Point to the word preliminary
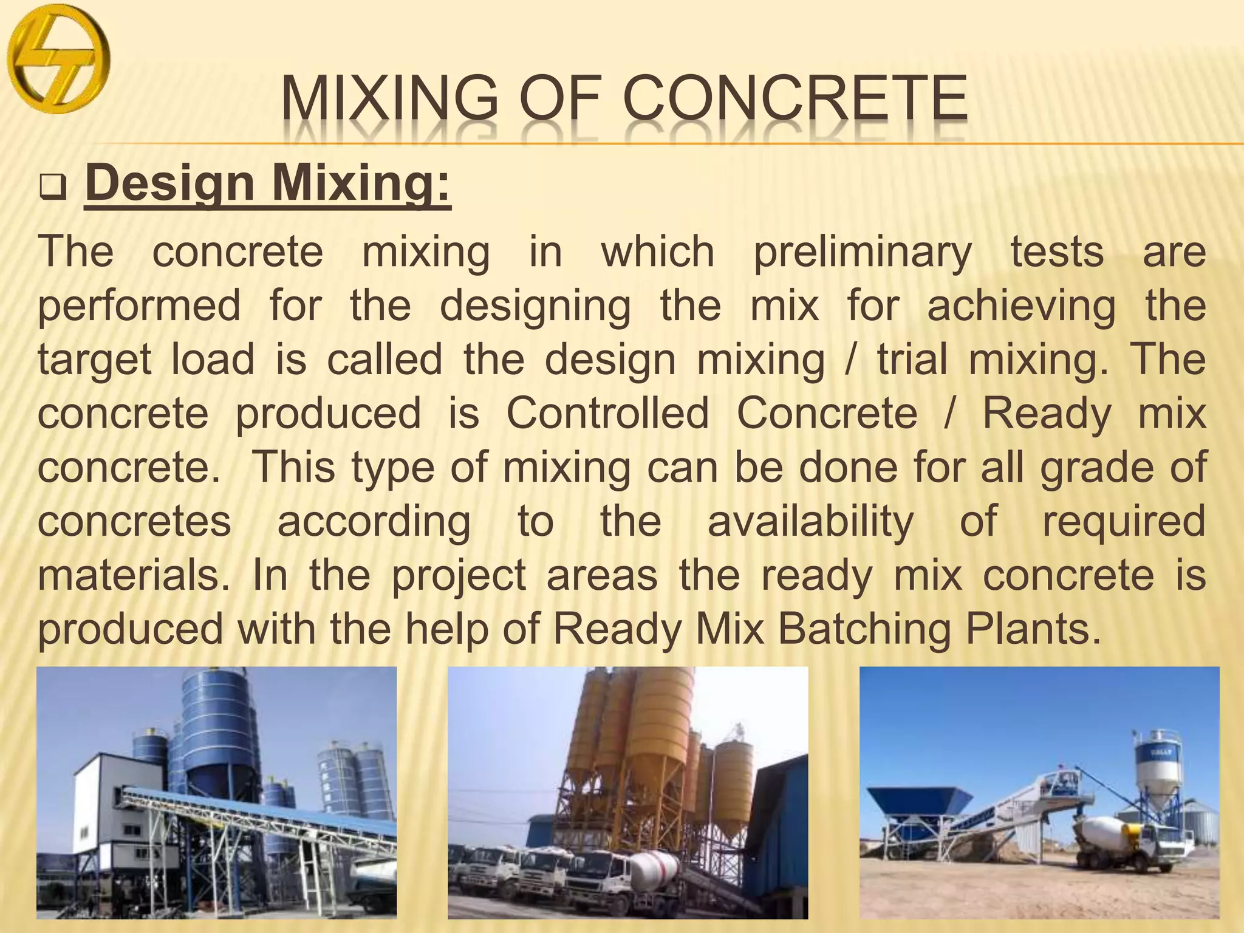click(863, 253)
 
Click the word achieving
click(1021, 306)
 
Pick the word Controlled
click(607, 414)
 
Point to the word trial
click(912, 360)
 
